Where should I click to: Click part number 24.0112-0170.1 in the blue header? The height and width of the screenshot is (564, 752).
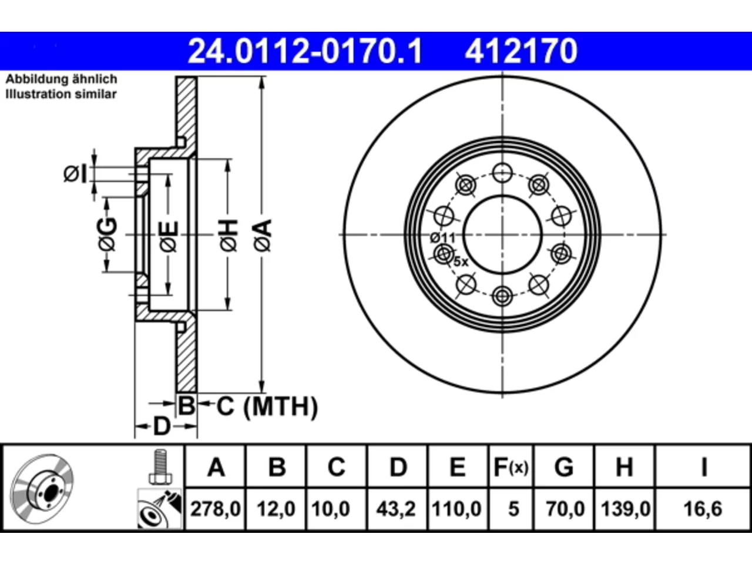[305, 51]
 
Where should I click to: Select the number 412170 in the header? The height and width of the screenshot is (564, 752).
[521, 51]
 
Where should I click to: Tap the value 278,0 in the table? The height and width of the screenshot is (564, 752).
[215, 509]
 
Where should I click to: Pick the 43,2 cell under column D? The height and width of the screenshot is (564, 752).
[397, 509]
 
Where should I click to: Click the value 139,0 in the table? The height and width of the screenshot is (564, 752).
[626, 509]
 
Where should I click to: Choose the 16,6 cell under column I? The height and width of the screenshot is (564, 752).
[703, 509]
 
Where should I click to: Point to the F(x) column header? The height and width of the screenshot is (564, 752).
[511, 467]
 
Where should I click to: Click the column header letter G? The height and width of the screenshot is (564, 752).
[564, 467]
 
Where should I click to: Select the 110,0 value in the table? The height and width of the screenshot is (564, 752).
[456, 509]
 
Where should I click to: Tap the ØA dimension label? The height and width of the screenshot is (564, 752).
[263, 235]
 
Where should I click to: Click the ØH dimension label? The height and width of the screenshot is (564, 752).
[229, 235]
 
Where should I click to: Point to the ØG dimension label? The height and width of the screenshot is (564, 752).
[108, 234]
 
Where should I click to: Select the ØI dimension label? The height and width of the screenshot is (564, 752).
[76, 174]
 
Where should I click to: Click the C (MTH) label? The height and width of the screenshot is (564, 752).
[267, 407]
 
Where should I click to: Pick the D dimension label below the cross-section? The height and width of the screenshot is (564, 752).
[162, 427]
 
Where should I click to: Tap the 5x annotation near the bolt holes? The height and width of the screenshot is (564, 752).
[461, 262]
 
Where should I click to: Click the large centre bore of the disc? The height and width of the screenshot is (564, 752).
[502, 234]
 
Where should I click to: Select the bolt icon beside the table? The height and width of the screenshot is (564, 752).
[160, 466]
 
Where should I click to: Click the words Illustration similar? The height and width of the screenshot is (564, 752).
[61, 94]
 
